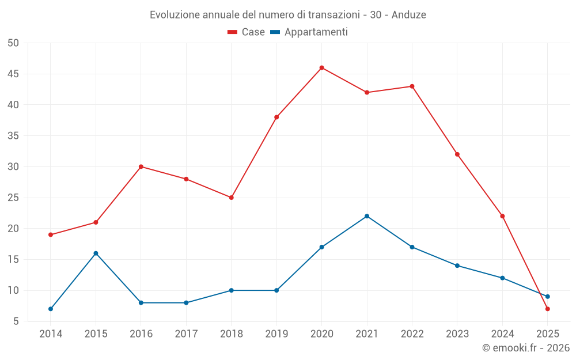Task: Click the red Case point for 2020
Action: click(x=322, y=68)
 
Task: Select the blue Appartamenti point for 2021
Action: click(x=367, y=216)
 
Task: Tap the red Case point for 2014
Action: click(x=51, y=235)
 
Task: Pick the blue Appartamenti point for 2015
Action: click(x=96, y=253)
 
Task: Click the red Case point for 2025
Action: click(x=548, y=309)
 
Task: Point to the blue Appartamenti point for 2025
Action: click(x=548, y=297)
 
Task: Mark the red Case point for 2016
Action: click(x=141, y=167)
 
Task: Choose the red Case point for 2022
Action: click(x=412, y=86)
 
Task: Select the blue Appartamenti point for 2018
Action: click(x=232, y=290)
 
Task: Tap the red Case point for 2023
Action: click(x=457, y=154)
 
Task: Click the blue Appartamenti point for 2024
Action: click(x=502, y=278)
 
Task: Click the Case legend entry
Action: click(x=247, y=32)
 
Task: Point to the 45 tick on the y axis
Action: click(x=13, y=74)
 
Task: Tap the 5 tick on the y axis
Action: click(x=16, y=321)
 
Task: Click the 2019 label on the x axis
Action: click(x=276, y=334)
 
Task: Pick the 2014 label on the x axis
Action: click(x=51, y=334)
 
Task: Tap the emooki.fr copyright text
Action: click(x=526, y=348)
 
